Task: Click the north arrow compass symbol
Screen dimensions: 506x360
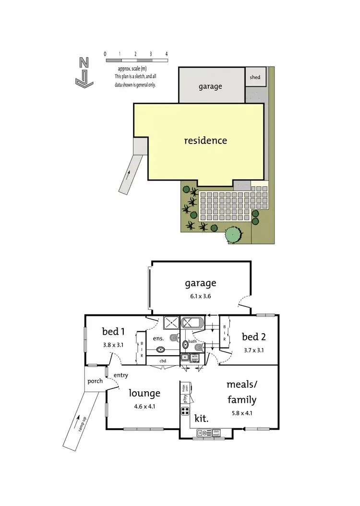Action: tap(84, 73)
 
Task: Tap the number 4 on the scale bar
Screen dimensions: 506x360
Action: tap(166, 54)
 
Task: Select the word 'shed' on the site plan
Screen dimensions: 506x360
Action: tap(254, 77)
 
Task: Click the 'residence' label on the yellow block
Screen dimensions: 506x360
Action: tap(205, 141)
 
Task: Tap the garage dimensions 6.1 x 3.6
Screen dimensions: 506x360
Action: tap(201, 296)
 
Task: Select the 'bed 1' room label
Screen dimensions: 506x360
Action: tap(114, 331)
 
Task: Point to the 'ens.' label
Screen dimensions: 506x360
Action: tap(158, 338)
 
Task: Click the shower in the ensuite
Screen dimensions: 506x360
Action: tap(171, 322)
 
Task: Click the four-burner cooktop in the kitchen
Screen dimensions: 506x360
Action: tap(185, 411)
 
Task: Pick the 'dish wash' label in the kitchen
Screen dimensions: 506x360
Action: tap(216, 432)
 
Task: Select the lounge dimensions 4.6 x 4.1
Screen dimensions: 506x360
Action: tap(144, 406)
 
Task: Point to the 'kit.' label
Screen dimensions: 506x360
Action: tap(201, 418)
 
